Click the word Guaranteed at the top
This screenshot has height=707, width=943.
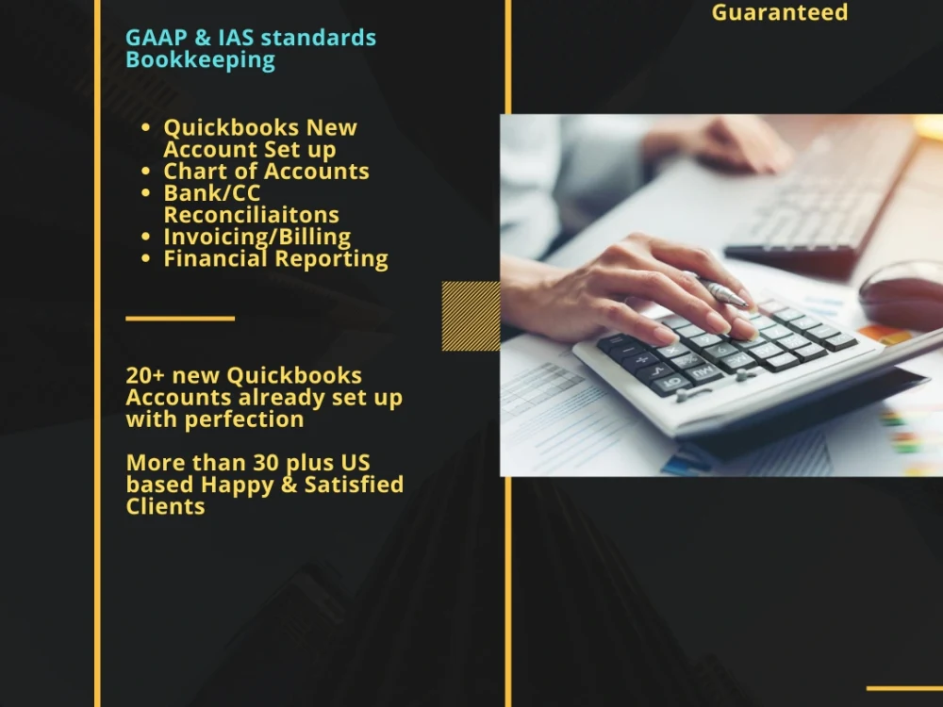click(x=779, y=13)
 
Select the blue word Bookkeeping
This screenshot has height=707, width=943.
click(x=200, y=60)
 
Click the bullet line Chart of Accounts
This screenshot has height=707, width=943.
click(x=266, y=172)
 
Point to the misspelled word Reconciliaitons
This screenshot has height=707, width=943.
click(x=251, y=215)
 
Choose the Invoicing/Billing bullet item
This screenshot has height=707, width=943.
click(x=256, y=237)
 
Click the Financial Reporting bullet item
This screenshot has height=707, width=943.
click(x=275, y=258)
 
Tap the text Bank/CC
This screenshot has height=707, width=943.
click(x=212, y=193)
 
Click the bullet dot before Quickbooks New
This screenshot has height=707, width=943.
click(x=145, y=128)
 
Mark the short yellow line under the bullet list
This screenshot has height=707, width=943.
click(x=180, y=319)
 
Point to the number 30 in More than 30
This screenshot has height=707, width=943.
click(x=266, y=463)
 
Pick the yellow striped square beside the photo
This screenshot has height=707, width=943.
click(x=471, y=316)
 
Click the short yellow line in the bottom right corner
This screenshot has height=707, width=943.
click(x=903, y=688)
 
